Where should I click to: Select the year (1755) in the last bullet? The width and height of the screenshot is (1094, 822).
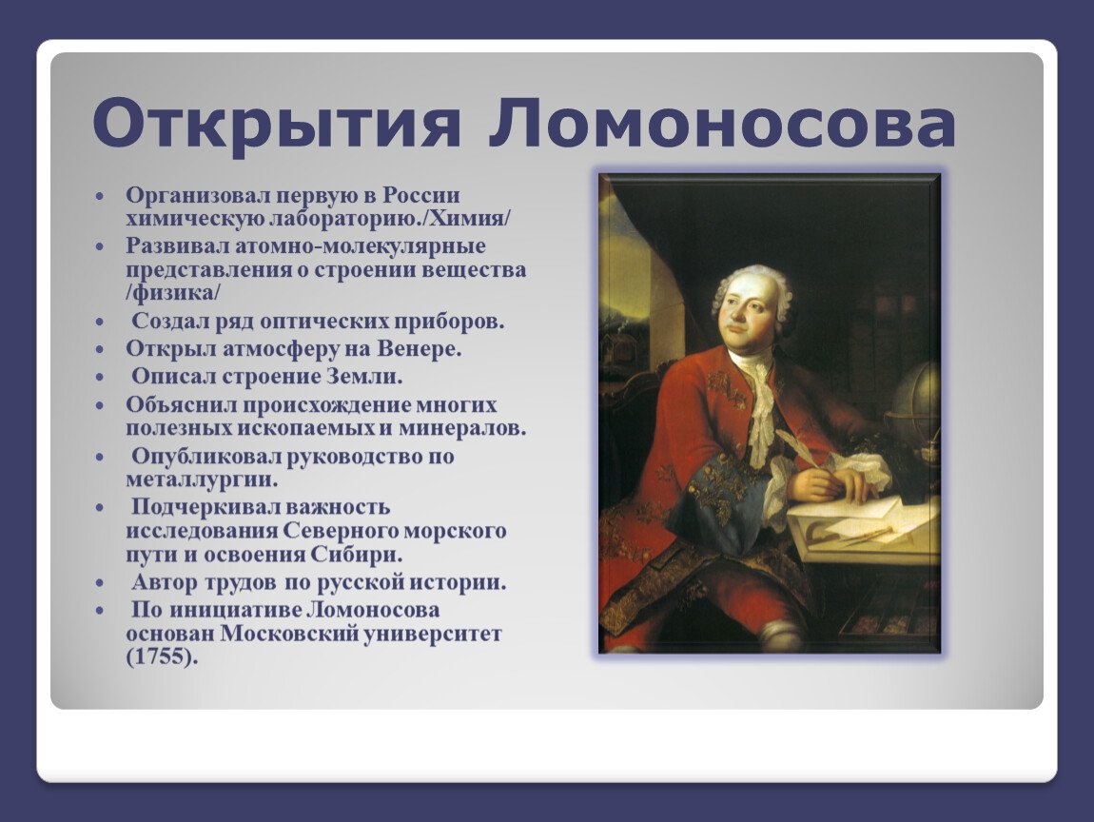[x=162, y=656]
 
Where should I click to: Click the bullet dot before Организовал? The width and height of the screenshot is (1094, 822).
[x=99, y=195]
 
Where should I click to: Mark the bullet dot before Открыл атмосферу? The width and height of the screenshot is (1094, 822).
[x=99, y=349]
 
